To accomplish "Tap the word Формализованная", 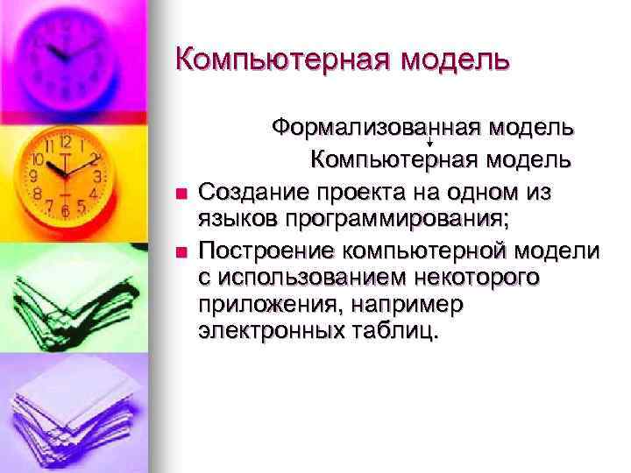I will [x=369, y=128].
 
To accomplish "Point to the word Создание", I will [x=252, y=190].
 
